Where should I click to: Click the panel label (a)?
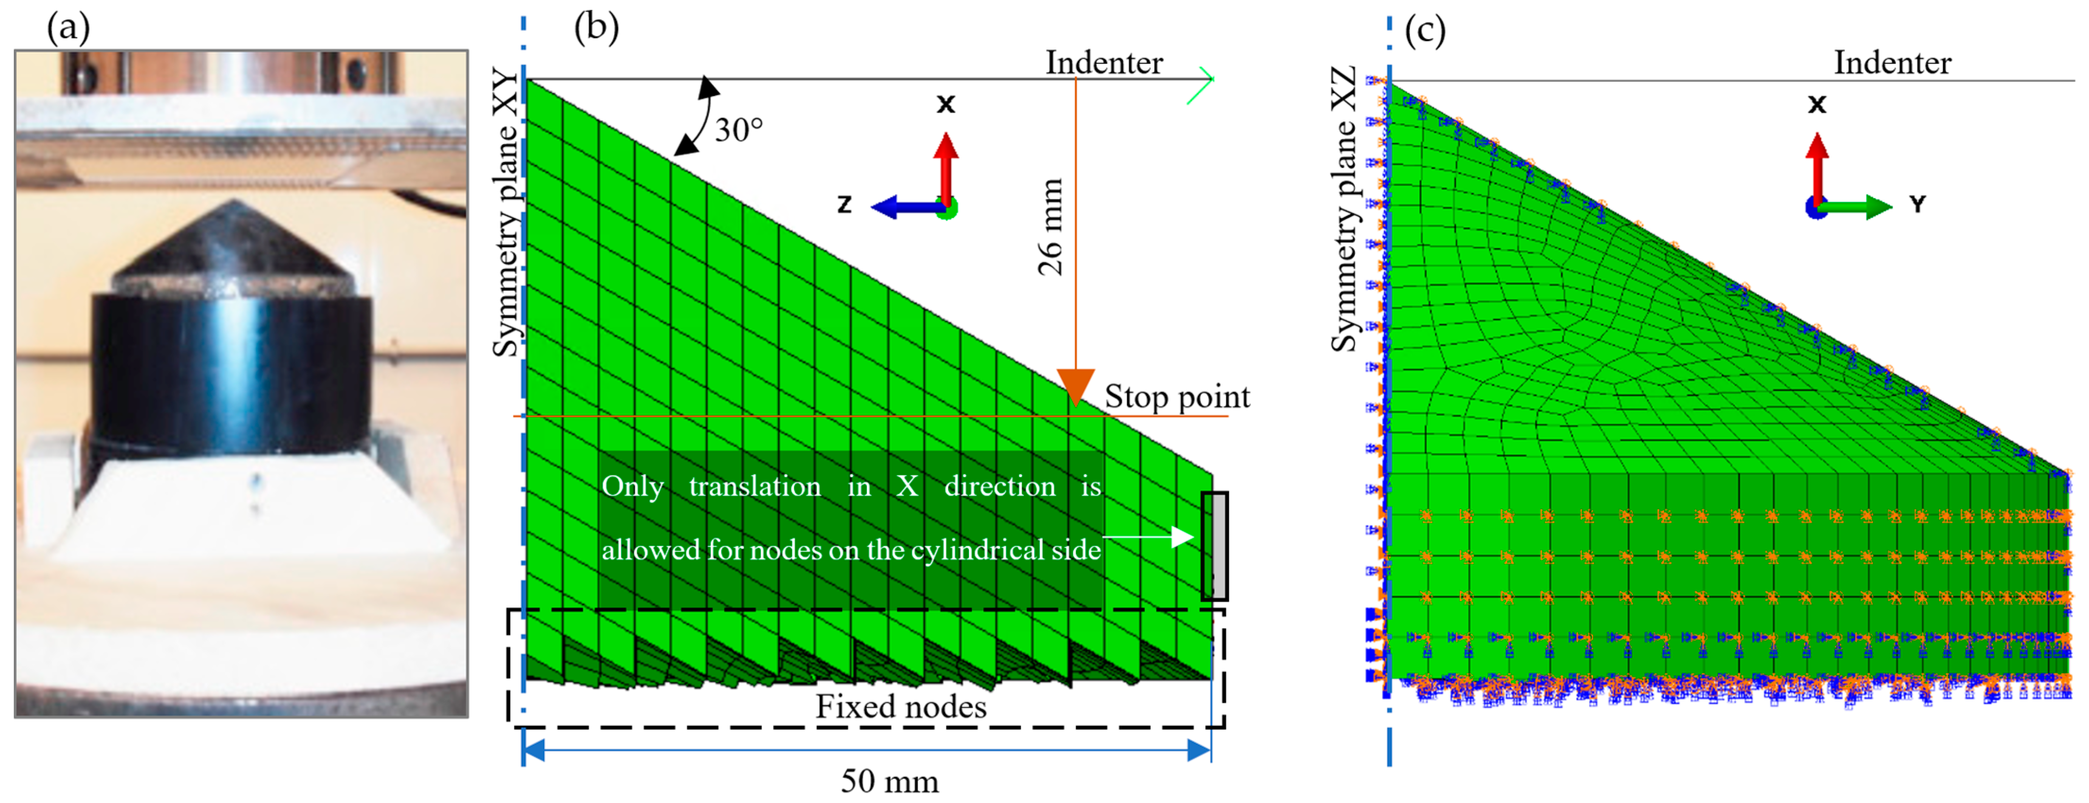pos(68,28)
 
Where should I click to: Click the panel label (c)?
pos(1425,30)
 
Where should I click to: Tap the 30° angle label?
pos(738,130)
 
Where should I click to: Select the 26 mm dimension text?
pos(1050,227)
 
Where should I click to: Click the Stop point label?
pos(1177,397)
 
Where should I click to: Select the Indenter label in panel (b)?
pos(1104,62)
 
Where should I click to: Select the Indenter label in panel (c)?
pos(1893,62)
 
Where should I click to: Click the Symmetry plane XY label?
pos(506,213)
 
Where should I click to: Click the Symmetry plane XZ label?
pos(1344,209)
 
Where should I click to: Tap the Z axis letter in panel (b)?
pos(844,204)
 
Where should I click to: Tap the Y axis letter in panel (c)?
pos(1917,204)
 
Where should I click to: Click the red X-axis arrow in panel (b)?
pos(945,166)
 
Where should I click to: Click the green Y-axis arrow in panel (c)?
pos(1861,207)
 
